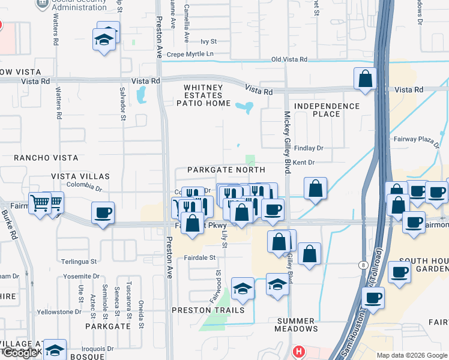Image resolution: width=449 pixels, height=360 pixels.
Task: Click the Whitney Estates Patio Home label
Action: point(206,95)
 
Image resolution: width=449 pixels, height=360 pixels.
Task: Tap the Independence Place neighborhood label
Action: point(327,110)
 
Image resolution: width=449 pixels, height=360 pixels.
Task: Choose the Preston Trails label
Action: point(208,310)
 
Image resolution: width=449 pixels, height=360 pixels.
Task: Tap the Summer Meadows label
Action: point(297,324)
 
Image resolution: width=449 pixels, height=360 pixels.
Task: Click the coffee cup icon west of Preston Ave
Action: point(103,213)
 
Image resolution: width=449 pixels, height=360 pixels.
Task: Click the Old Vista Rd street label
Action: point(289,59)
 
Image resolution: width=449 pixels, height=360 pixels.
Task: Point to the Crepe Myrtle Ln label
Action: point(190,54)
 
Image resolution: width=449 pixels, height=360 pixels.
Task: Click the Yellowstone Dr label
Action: point(59,312)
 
